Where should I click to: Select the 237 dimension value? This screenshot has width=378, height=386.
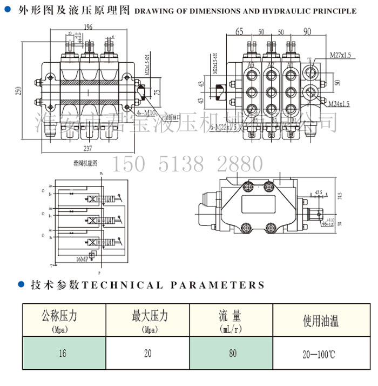[87, 149]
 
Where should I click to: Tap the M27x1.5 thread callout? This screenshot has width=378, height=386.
[340, 55]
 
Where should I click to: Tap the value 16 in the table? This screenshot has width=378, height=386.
[63, 354]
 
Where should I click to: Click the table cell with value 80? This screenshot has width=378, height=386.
[232, 354]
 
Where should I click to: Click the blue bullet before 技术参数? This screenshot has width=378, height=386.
[22, 284]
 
